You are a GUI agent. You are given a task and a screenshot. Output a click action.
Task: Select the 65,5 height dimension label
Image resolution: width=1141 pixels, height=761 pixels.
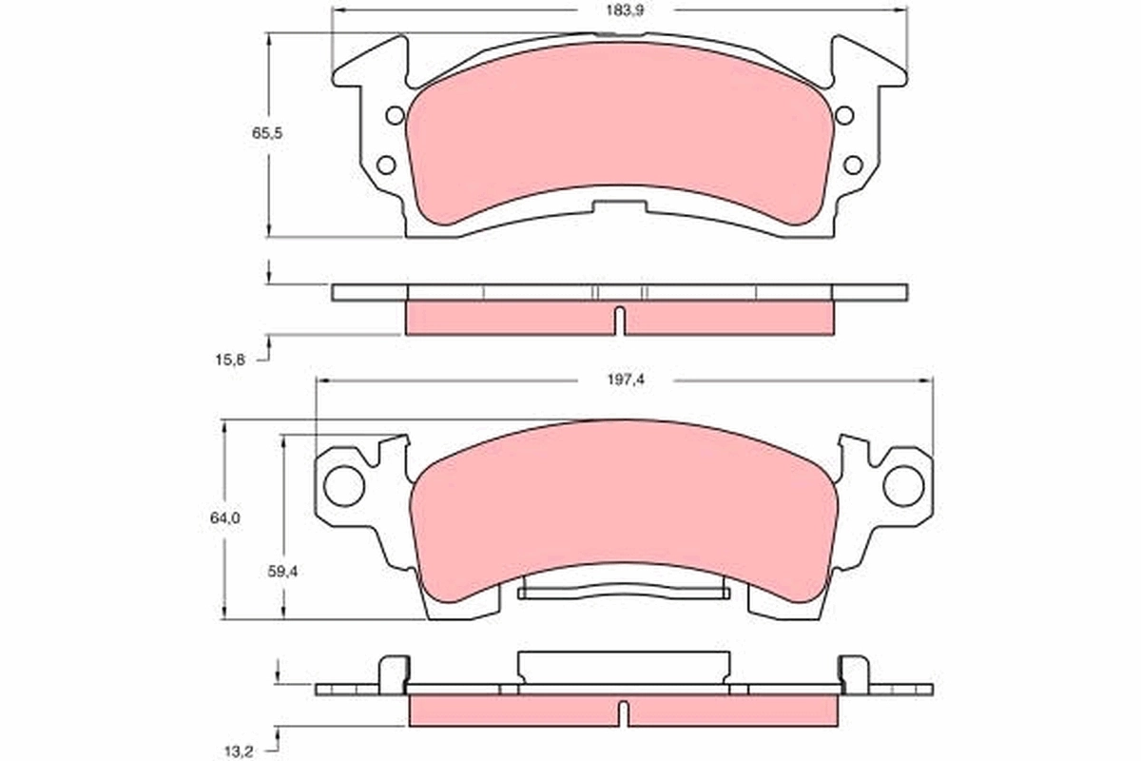267,134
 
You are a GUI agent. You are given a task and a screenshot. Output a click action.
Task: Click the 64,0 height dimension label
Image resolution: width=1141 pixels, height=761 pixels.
225,518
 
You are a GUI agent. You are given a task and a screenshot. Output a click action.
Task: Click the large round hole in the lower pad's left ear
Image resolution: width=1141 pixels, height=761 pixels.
344,485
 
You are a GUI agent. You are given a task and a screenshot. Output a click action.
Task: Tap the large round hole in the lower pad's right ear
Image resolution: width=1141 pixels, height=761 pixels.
903,485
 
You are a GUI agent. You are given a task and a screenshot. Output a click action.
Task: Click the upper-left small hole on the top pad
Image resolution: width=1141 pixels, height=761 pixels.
396,116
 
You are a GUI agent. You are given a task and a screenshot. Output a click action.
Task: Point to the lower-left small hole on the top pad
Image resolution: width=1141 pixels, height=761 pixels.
386,165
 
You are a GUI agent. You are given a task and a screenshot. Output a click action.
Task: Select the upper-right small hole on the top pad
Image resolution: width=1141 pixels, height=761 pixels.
843,116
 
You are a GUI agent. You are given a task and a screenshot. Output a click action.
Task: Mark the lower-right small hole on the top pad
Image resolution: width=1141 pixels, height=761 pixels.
853,165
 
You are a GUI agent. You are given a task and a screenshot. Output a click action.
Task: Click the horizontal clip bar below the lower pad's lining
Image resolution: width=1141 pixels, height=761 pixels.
624,593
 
